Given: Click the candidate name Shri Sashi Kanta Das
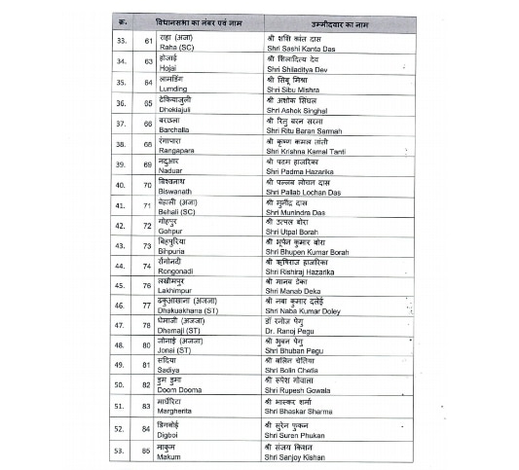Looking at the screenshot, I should pos(304,46).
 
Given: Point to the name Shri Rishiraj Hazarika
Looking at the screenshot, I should pos(306,271).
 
